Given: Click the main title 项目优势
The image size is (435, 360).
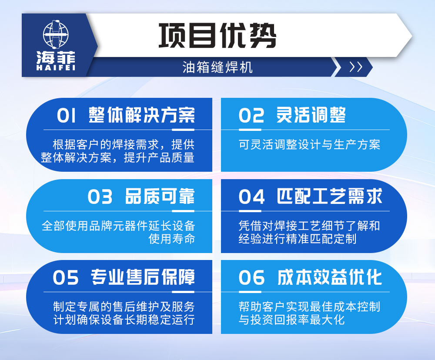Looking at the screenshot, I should tap(217, 35).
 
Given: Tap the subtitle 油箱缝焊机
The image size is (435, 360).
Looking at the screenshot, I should tap(217, 67).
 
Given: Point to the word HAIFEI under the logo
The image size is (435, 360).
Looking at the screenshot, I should tap(55, 67).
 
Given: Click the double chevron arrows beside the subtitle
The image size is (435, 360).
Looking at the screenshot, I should tap(356, 67).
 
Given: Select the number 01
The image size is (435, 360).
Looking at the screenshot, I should tap(66, 116).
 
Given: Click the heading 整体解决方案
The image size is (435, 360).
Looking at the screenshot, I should tap(141, 115).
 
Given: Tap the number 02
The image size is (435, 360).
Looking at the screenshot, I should tap(251, 116).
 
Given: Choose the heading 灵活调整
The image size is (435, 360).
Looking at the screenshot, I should tap(311, 115).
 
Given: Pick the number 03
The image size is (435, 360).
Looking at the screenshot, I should tap(100, 197).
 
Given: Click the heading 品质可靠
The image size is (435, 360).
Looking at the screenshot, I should tap(160, 197).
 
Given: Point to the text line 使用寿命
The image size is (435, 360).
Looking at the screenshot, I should tap(171, 239).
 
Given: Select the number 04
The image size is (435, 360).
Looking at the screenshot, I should tap(251, 197).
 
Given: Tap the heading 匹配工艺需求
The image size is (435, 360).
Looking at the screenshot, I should tap(329, 197).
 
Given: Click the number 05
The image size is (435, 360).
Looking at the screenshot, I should tap(66, 278).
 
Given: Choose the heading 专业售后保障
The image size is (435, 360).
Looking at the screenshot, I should tap(143, 277).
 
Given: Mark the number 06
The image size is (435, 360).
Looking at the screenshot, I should tap(251, 278).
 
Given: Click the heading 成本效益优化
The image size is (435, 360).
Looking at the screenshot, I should tap(329, 277).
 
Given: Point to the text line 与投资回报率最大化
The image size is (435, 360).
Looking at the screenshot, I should tap(291, 320).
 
